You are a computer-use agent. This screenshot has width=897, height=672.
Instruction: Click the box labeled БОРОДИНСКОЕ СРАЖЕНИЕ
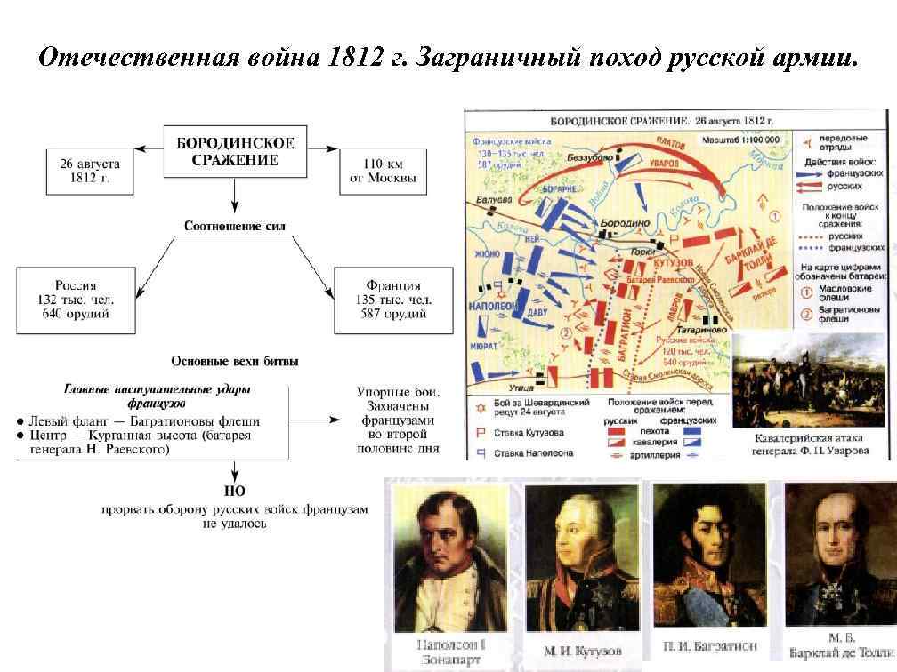point(235,151)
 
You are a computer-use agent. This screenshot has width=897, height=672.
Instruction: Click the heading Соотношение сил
point(235,226)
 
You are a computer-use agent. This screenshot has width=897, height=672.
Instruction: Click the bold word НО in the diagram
point(235,491)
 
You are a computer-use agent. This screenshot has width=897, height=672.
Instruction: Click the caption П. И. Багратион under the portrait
point(708,645)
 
